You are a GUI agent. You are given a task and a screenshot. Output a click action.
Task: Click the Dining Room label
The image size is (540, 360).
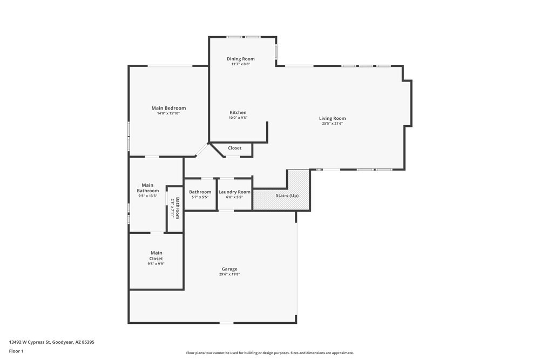[x=240, y=59]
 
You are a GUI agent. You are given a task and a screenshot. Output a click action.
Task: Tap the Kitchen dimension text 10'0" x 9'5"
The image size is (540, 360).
[x=238, y=118]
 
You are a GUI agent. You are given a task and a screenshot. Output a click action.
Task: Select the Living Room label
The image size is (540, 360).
[x=332, y=118]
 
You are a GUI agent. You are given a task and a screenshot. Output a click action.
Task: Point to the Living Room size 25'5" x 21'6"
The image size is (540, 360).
[x=332, y=124]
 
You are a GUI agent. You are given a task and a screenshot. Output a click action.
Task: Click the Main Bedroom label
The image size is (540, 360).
[x=168, y=108]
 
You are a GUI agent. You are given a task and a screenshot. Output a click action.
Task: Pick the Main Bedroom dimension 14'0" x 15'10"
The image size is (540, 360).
[x=168, y=113]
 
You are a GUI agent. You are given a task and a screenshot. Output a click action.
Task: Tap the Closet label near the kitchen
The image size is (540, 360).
[x=234, y=148]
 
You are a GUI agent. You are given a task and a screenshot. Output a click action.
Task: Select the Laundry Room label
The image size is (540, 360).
[x=234, y=192]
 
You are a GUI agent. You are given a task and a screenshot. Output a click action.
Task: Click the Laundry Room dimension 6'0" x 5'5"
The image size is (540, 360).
[x=234, y=197]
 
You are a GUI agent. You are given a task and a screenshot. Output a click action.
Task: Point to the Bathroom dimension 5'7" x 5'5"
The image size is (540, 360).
[x=200, y=197]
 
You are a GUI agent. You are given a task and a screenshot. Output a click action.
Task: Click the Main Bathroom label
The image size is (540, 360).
[x=147, y=187]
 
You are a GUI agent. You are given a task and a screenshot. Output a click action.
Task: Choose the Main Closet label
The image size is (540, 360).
[x=156, y=255]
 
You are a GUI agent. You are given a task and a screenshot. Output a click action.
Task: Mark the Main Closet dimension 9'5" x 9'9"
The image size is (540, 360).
[x=156, y=264]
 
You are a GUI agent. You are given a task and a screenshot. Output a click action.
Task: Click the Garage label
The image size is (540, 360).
[x=230, y=269]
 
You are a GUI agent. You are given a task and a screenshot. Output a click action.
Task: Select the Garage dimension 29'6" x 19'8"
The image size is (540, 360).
[x=230, y=274]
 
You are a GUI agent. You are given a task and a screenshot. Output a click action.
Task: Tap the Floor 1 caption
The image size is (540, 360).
[x=16, y=351]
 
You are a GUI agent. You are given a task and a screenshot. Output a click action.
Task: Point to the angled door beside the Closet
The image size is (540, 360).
[x=201, y=150]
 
